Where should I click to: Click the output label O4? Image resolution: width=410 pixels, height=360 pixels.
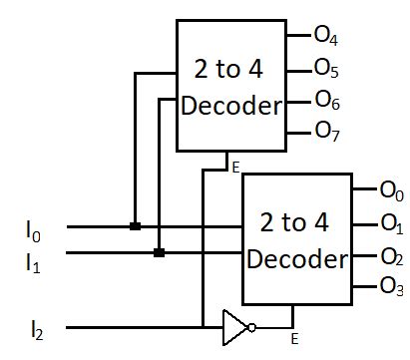point(326,37)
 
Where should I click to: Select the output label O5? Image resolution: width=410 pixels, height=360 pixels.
point(326,69)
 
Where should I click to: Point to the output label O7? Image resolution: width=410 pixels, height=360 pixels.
point(326,131)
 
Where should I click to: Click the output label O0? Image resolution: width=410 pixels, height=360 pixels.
point(391,187)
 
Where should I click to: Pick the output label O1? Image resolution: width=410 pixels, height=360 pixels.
point(391,220)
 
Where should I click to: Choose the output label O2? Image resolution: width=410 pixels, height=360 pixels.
point(391,255)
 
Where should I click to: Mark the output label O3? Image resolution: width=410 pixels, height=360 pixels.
point(391,288)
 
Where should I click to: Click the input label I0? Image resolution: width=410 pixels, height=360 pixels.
point(34,230)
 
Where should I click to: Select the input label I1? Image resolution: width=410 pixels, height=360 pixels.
point(34,262)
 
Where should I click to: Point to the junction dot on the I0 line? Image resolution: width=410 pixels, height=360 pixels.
point(135,226)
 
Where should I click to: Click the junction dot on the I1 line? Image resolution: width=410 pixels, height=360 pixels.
point(159,253)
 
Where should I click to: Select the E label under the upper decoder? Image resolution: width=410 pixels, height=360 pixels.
point(235,168)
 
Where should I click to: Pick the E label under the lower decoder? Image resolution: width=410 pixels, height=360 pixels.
point(294,340)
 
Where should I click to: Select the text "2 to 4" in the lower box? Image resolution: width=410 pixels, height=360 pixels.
point(296,221)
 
